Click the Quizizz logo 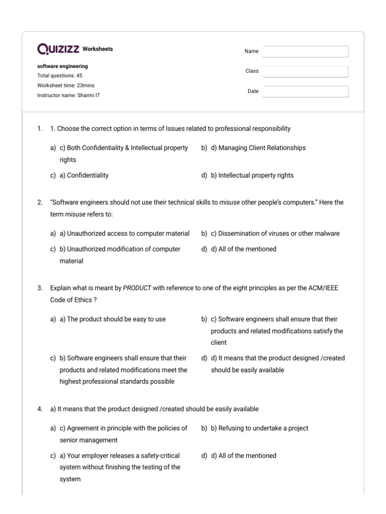[58, 49]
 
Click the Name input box [306, 52]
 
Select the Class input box [306, 72]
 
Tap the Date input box [306, 91]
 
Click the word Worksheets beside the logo [98, 49]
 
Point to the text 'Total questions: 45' [60, 76]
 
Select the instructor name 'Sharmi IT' [88, 95]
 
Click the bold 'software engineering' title [62, 66]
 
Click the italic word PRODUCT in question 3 [137, 288]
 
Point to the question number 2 [39, 203]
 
